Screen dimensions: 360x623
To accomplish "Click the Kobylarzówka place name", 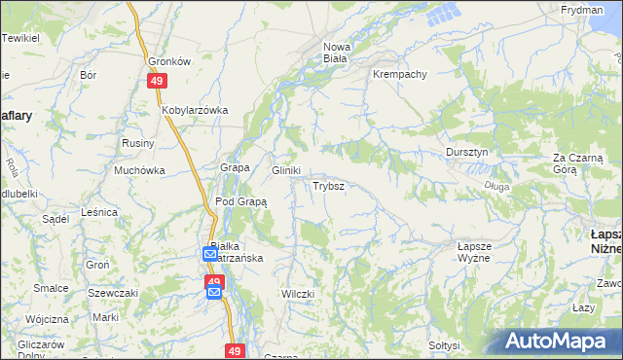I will click(195, 110).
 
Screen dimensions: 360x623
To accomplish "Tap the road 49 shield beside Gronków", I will click(156, 83).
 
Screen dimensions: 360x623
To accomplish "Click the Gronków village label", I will click(168, 60).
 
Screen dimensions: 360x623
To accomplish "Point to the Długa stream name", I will click(495, 185).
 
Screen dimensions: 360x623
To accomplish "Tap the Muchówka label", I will click(140, 170).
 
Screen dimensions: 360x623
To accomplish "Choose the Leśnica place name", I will click(100, 211).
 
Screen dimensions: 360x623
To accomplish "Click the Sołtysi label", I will click(444, 345).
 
